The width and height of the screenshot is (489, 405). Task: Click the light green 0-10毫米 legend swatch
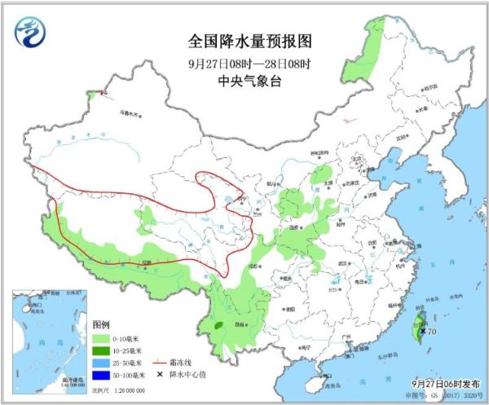point(104,337)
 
